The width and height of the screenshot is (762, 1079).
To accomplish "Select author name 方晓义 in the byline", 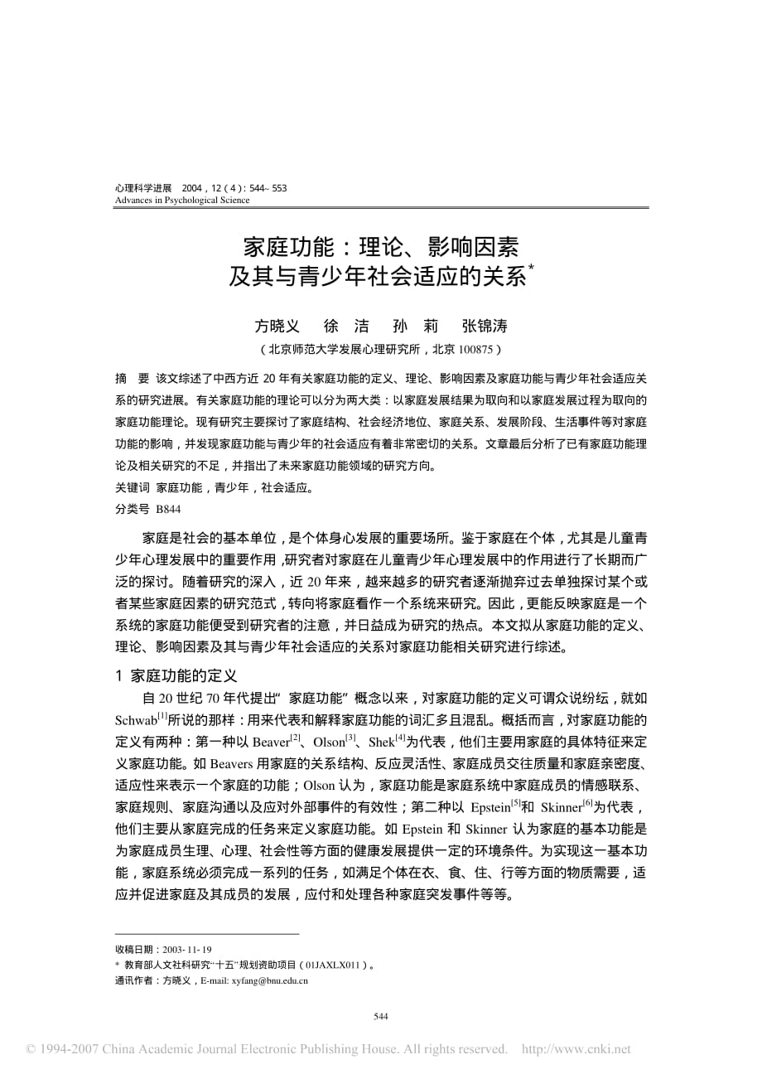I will coord(277,326).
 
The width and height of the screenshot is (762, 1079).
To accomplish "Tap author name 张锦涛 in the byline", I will coord(485,326).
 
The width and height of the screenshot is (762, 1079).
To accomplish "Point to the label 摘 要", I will coord(132,379).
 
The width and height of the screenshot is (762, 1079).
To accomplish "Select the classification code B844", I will coord(168,510).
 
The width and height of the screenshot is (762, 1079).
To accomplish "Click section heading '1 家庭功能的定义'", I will coord(176,676).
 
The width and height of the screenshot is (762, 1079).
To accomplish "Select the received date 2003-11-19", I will coord(187,950).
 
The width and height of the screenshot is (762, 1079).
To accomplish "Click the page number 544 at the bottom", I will coord(381,1017).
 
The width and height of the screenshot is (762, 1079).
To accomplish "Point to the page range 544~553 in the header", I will coord(269,188).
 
